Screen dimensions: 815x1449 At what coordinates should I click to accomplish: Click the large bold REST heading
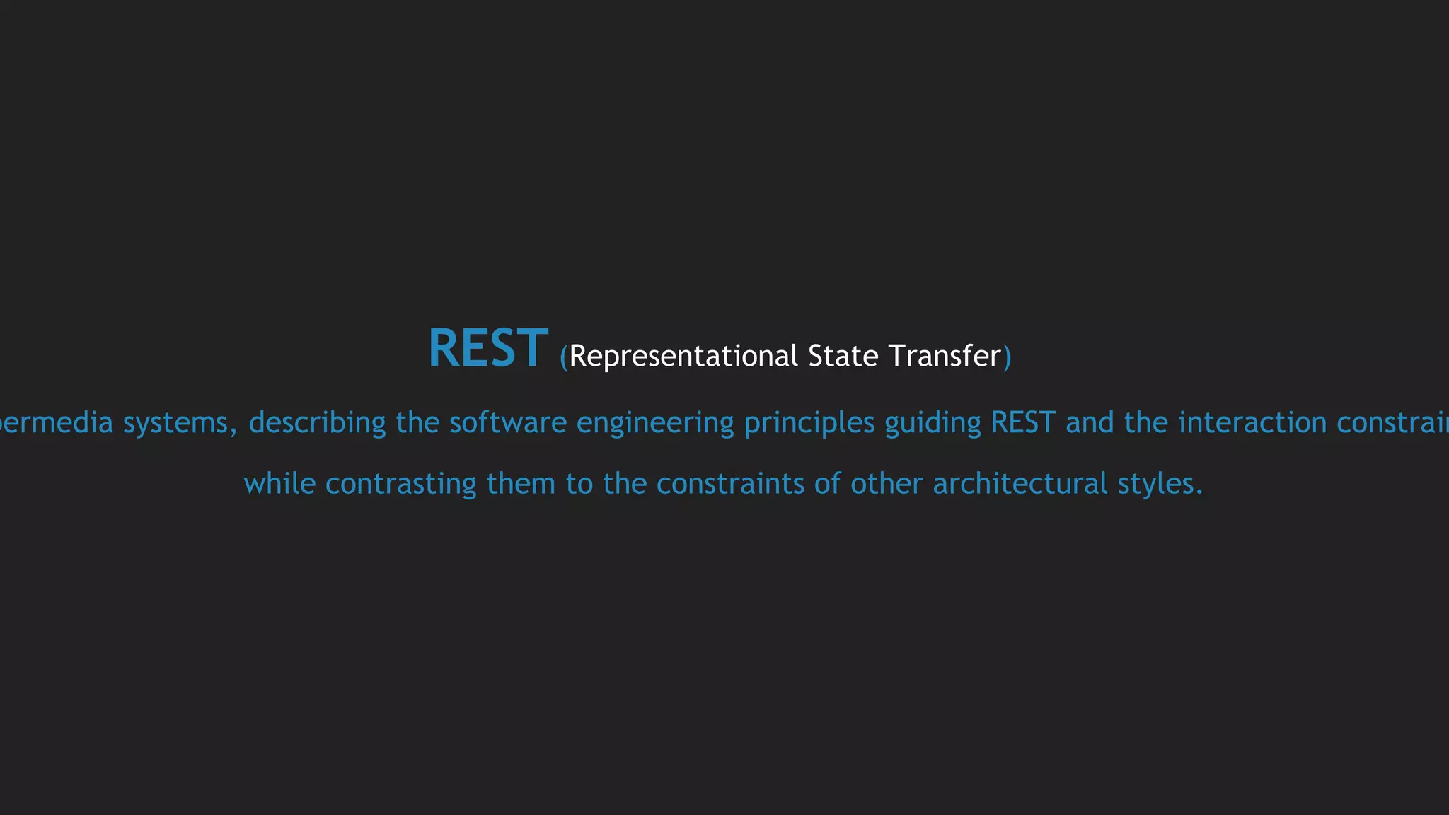(x=487, y=348)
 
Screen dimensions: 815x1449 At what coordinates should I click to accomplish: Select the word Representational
(x=683, y=356)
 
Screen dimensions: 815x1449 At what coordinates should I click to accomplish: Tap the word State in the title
(x=843, y=356)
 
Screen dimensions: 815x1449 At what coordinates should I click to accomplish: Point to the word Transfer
(x=945, y=356)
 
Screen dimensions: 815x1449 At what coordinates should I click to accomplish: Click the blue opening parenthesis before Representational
(x=564, y=357)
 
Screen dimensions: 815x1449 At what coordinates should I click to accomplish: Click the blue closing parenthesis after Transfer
(x=1008, y=357)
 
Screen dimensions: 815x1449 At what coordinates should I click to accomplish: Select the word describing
(x=317, y=423)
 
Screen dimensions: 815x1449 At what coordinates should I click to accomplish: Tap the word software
(x=508, y=423)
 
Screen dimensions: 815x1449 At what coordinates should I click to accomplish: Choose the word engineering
(x=655, y=423)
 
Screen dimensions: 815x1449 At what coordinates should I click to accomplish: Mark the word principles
(x=809, y=423)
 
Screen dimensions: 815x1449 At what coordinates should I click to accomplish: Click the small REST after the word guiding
(x=1023, y=423)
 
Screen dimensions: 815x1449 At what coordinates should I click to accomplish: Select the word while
(x=279, y=484)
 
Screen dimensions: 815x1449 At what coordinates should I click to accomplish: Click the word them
(x=521, y=484)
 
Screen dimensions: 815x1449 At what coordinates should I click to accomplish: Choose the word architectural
(x=1020, y=484)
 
